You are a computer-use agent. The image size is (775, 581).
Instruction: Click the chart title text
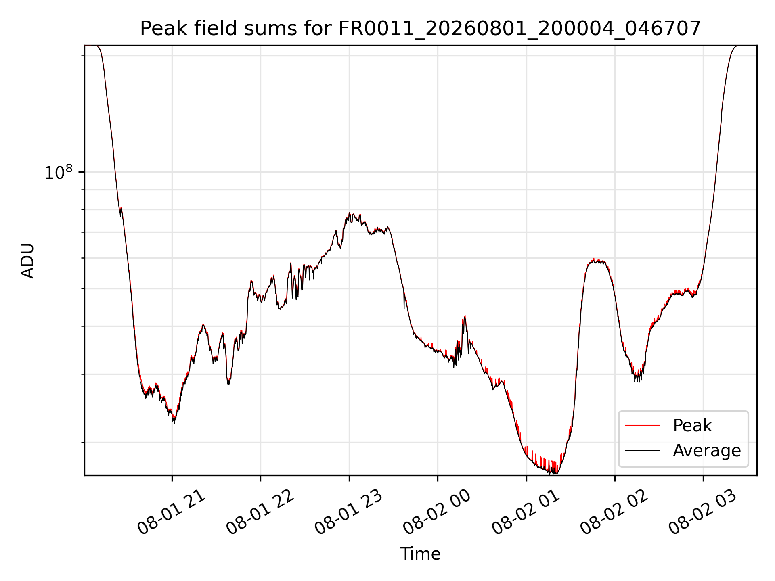point(420,29)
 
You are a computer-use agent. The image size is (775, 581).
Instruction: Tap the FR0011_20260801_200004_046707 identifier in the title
point(519,29)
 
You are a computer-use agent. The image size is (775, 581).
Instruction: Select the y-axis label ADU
point(27,261)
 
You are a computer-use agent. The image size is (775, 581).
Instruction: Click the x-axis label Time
point(420,554)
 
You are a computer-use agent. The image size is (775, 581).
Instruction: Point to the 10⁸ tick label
point(59,172)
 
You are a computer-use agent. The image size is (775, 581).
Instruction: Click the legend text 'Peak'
point(692,426)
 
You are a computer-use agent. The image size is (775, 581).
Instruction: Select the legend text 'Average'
point(707,451)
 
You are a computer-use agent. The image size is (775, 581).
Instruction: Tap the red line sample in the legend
point(642,425)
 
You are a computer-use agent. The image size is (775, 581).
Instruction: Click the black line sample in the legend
point(642,450)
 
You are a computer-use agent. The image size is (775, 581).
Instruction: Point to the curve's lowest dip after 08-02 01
point(556,473)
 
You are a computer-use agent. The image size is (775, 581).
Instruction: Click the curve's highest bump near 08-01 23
point(350,213)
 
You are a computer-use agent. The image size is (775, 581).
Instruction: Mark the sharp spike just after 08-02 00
point(465,316)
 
